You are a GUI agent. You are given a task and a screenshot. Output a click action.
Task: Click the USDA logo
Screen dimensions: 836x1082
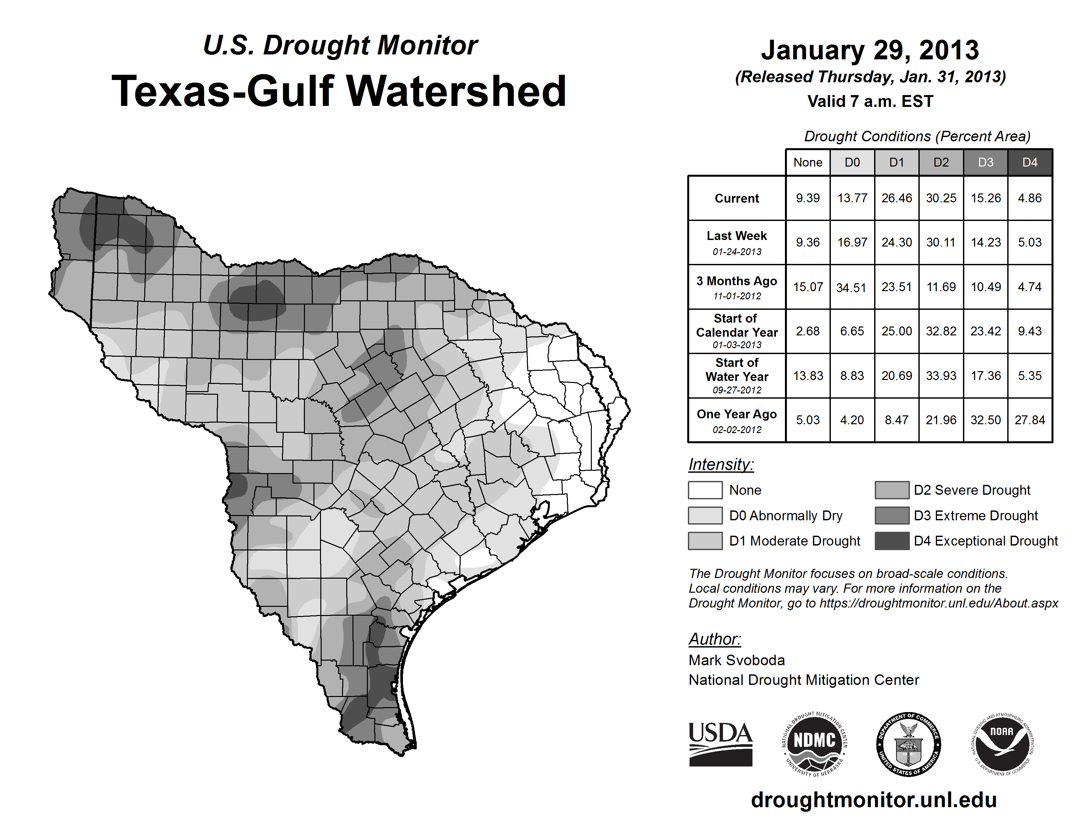pos(720,744)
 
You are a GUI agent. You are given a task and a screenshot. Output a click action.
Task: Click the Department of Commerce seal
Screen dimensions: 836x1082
pos(908,744)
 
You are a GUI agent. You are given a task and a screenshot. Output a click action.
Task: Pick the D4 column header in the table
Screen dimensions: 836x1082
pos(1030,162)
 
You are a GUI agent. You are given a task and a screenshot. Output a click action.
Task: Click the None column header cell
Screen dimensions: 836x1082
pos(808,162)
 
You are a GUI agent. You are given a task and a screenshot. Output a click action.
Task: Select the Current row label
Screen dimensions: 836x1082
pos(737,198)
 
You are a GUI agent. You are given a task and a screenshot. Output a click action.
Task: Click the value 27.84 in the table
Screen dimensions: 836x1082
pos(1030,420)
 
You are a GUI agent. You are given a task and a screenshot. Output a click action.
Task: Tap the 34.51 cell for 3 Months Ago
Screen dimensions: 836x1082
pos(852,287)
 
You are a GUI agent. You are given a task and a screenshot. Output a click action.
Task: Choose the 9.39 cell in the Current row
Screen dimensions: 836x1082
pos(808,198)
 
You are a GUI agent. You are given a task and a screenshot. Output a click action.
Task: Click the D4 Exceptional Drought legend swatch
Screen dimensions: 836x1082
pos(892,541)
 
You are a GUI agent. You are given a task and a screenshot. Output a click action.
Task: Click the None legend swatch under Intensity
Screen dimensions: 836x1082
pos(705,490)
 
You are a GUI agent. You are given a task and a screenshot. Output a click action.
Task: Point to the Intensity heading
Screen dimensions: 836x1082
pos(721,465)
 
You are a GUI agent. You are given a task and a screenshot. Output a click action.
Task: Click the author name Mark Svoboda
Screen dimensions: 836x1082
pos(737,660)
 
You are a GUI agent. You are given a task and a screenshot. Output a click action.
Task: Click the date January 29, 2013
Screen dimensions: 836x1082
pos(870,50)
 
